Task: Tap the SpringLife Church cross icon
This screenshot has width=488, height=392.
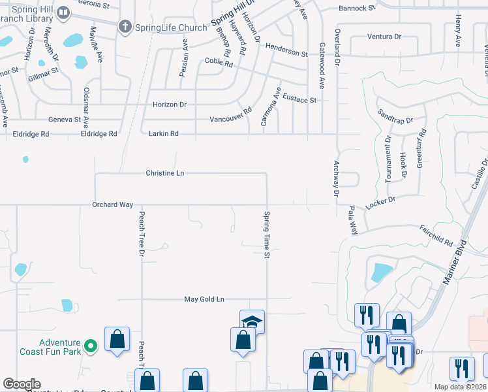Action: [125, 27]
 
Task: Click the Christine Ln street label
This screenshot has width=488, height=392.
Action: [164, 173]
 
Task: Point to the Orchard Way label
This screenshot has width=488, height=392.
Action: [112, 204]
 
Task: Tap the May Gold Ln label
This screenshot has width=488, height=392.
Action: [204, 299]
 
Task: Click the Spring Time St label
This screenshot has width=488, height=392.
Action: [266, 234]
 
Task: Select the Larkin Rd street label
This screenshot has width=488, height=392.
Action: [165, 133]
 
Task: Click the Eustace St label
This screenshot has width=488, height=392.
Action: [303, 100]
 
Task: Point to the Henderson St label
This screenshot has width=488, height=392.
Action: [286, 51]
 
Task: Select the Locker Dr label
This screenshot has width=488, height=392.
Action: [381, 203]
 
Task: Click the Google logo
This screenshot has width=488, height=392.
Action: [22, 384]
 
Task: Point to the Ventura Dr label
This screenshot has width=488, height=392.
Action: [384, 37]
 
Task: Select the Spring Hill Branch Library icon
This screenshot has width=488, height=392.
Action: [63, 12]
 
